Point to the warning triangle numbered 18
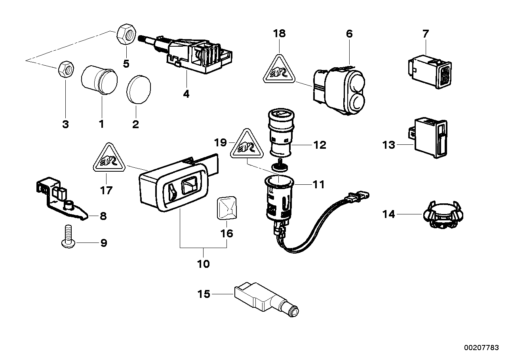click(280, 70)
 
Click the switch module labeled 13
click(432, 138)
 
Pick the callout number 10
click(203, 263)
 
